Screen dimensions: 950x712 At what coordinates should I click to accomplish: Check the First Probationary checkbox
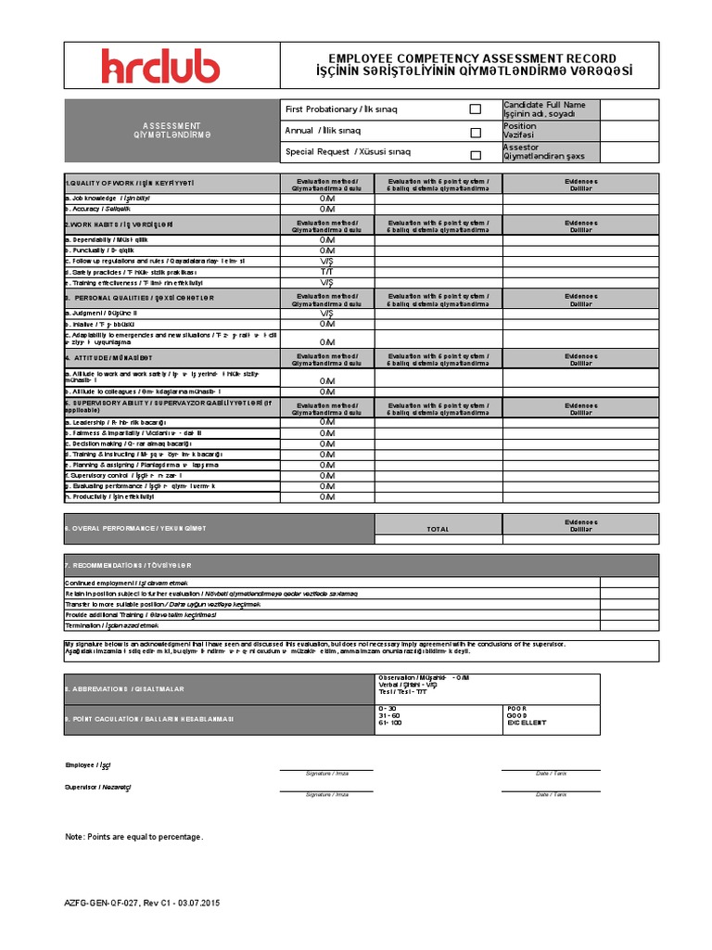pyautogui.click(x=476, y=109)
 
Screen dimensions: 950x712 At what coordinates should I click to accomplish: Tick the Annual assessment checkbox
pyautogui.click(x=476, y=132)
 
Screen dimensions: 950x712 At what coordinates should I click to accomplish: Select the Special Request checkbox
pyautogui.click(x=476, y=155)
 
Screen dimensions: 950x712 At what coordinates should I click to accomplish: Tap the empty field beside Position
pyautogui.click(x=629, y=131)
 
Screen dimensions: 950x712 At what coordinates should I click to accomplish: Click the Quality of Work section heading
pyautogui.click(x=130, y=183)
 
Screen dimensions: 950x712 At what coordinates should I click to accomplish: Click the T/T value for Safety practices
pyautogui.click(x=327, y=272)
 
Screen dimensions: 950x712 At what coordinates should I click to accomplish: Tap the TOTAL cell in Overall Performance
pyautogui.click(x=438, y=529)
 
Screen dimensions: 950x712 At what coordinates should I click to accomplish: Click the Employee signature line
pyautogui.click(x=327, y=769)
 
